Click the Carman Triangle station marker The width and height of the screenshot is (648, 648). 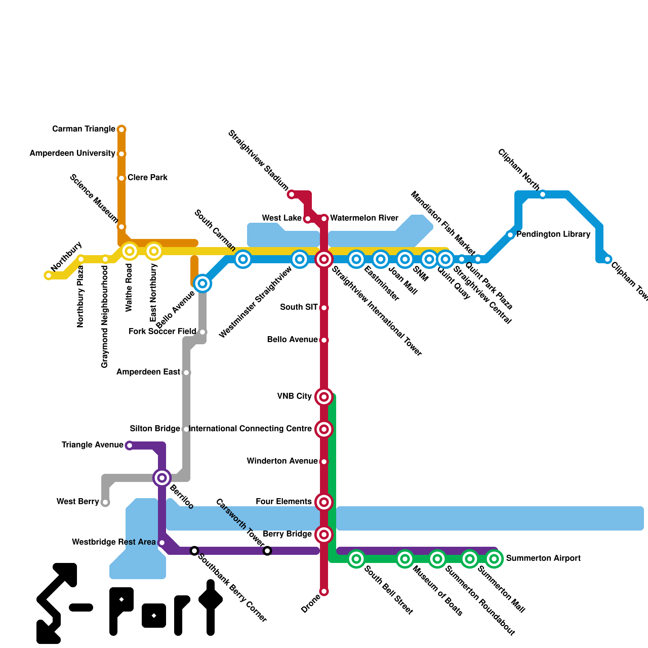[x=122, y=130]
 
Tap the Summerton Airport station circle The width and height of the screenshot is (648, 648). [x=494, y=559]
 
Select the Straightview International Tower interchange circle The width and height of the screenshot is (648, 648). [x=324, y=259]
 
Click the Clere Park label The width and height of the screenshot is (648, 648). [x=147, y=178]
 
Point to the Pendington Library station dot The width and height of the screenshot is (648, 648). [x=510, y=235]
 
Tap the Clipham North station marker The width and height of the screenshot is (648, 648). [x=543, y=194]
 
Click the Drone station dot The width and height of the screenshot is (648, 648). [x=324, y=591]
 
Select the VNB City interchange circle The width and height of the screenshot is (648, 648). [x=324, y=397]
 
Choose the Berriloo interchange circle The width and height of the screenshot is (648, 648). [x=162, y=478]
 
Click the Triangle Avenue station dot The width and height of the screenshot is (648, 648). [x=129, y=446]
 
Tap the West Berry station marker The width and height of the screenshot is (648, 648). [x=105, y=502]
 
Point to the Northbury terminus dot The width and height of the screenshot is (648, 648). [x=49, y=275]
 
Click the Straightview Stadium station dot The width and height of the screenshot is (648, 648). [x=292, y=194]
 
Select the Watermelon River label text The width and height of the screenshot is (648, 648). [x=364, y=218]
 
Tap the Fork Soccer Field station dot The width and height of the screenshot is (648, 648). [x=202, y=332]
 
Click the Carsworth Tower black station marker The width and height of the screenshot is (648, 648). [x=267, y=551]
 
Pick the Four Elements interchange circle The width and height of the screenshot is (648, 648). [x=324, y=502]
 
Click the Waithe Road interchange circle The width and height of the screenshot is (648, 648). [x=130, y=251]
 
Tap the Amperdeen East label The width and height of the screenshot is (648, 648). [x=148, y=372]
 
